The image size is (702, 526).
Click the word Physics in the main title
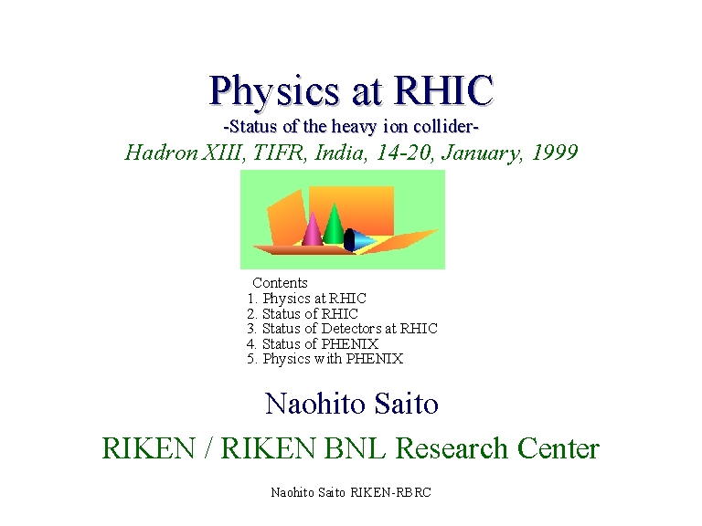274,92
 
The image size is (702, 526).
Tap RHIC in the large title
443,89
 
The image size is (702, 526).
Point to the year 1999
555,153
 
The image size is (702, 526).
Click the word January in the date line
482,153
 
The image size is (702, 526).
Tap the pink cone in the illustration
312,230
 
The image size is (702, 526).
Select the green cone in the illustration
334,225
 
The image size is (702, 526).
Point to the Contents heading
280,283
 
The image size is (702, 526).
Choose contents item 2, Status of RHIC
303,313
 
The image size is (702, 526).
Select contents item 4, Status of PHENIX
312,343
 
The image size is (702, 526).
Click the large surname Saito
406,404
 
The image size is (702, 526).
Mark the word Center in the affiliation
558,447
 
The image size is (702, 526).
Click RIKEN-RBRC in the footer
390,492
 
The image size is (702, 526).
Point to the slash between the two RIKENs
207,447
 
